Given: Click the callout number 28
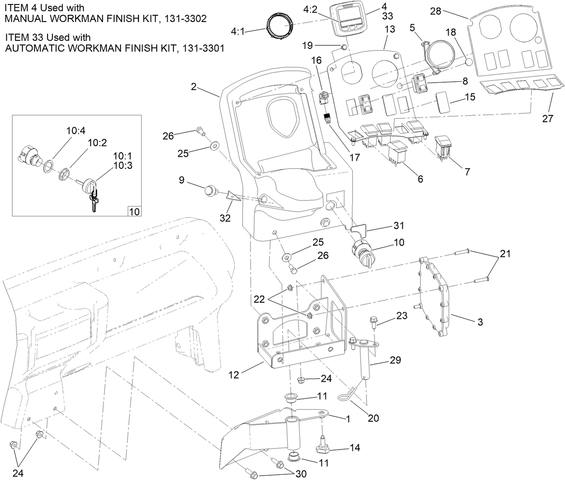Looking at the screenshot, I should point(435,11).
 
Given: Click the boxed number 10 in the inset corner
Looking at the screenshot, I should point(134,211).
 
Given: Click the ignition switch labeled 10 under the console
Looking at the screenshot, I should point(362,248).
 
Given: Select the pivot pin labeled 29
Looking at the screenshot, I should point(365,362).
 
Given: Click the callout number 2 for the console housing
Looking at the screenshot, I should point(193,86).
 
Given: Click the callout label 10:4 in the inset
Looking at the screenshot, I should point(76,131).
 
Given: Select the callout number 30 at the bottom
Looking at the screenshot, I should point(299,474).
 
